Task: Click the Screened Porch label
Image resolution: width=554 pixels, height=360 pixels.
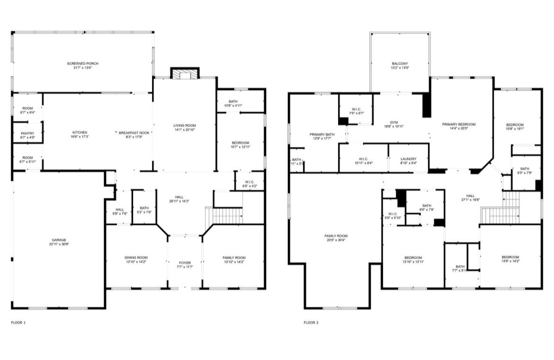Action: click(x=82, y=63)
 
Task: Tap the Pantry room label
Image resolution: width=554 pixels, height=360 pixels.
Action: click(x=27, y=134)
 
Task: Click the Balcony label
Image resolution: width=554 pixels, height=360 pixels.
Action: click(x=400, y=63)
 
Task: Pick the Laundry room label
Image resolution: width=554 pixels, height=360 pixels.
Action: click(x=408, y=159)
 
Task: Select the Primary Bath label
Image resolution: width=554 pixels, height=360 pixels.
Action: click(x=322, y=134)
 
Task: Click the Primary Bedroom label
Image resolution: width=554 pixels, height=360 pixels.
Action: click(x=459, y=124)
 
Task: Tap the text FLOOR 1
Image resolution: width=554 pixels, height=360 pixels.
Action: click(x=18, y=323)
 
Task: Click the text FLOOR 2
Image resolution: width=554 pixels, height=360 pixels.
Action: click(x=311, y=323)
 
